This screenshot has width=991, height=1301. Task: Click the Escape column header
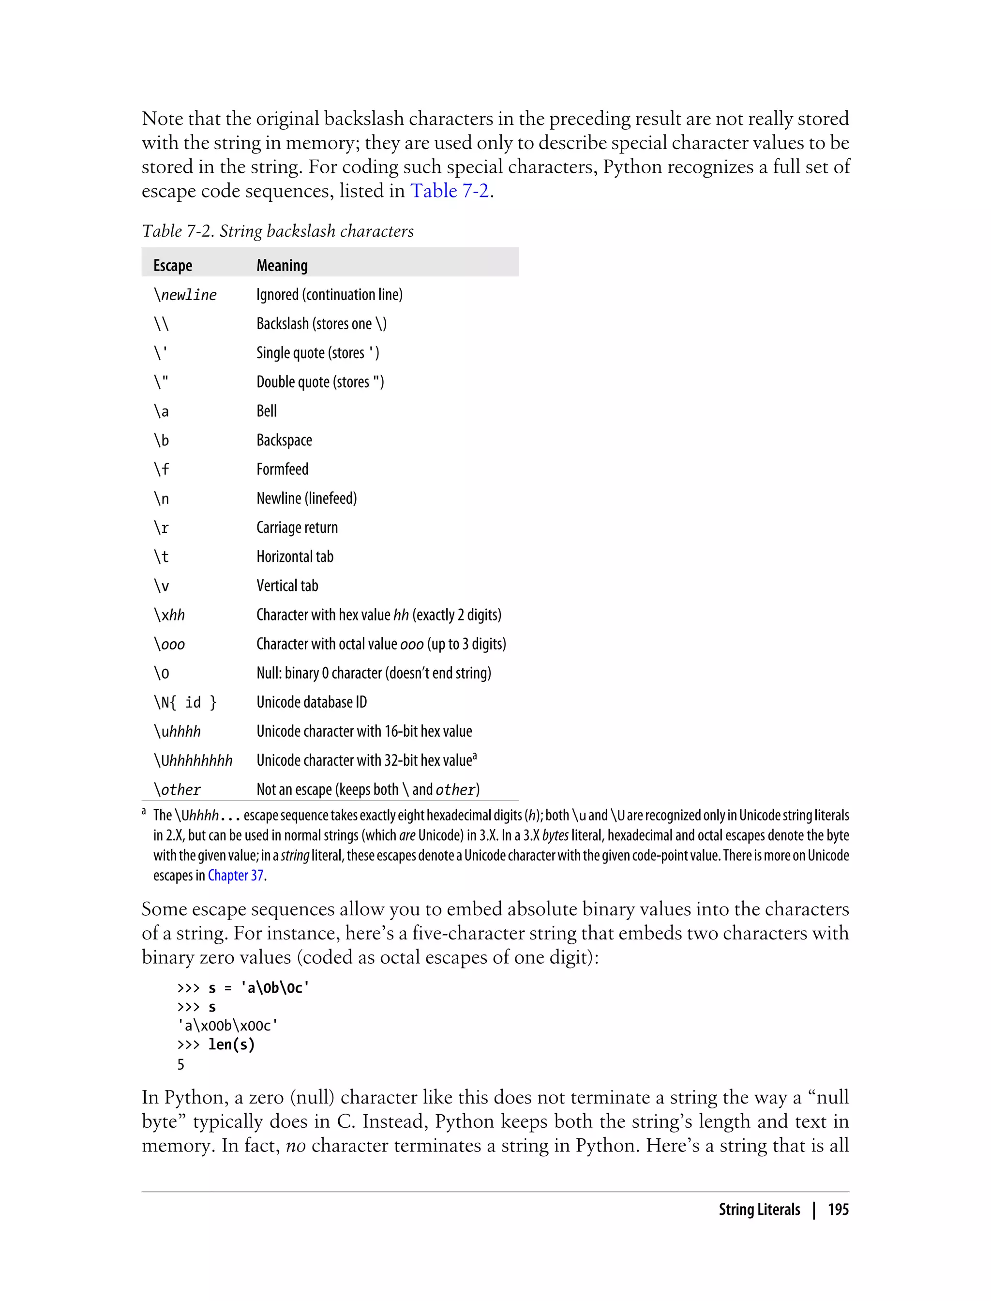172,266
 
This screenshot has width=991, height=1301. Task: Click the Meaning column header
282,266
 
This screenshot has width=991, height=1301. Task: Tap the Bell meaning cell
267,411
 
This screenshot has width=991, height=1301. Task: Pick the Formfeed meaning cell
282,469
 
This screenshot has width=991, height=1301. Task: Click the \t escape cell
161,557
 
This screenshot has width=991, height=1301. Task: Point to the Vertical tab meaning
287,586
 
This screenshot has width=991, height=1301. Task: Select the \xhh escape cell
169,615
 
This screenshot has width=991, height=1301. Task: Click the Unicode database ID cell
312,702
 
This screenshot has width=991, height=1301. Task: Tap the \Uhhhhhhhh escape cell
193,760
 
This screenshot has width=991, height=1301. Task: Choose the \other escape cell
177,789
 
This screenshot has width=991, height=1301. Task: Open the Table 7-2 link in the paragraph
450,191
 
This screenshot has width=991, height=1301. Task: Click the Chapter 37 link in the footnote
235,876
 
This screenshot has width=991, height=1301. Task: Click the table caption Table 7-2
277,231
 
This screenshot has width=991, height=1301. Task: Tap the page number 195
838,1210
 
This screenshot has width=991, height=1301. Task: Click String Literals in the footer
759,1210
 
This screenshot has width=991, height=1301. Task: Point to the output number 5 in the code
181,1064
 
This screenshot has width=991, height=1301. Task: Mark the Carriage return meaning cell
297,528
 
